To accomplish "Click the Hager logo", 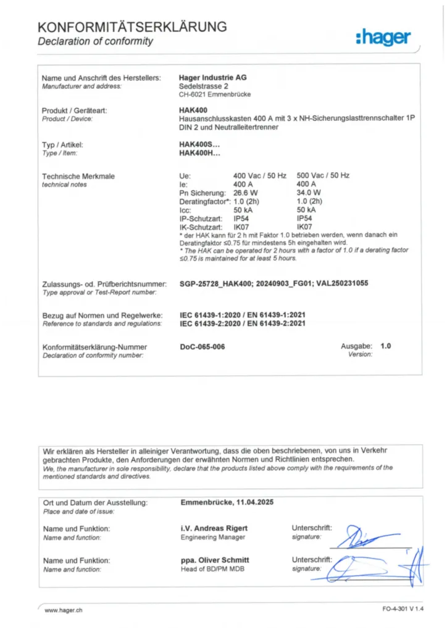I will tap(383, 38).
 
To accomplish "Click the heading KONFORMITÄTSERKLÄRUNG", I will tap(132, 27).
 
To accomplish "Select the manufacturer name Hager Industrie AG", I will tap(212, 78).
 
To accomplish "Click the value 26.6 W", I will tap(246, 193).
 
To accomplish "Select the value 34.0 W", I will tap(309, 193).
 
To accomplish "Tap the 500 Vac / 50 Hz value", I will tap(323, 176).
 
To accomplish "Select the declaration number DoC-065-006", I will tap(202, 347).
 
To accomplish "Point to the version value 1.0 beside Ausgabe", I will tap(386, 346).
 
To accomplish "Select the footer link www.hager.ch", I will tap(64, 610).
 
